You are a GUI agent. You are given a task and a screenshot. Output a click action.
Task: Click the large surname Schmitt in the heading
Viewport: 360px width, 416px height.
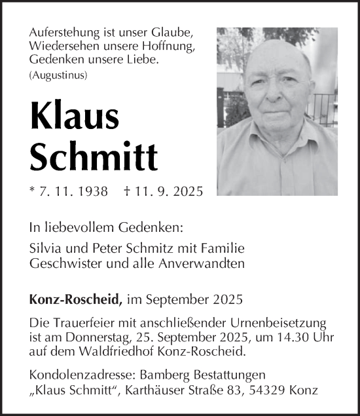click(x=94, y=155)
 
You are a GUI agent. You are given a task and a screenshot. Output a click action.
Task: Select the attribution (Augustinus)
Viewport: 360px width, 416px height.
click(x=58, y=75)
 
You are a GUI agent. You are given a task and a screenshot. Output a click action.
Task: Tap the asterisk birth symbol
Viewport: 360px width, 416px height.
click(x=33, y=190)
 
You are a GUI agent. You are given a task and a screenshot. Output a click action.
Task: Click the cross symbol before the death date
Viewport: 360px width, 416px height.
click(x=126, y=191)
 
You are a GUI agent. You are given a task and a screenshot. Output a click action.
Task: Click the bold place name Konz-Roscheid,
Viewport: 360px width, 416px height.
click(x=76, y=300)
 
